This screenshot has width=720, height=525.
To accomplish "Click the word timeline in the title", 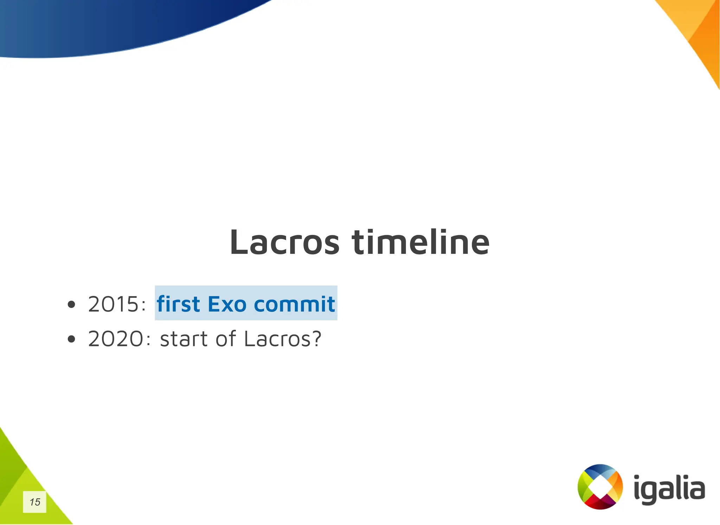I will pos(420,243).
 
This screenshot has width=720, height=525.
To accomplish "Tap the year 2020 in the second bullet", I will pos(115,339).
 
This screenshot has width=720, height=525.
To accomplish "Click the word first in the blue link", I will pos(178,304).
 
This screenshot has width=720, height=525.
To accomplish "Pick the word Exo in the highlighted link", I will pos(227,304).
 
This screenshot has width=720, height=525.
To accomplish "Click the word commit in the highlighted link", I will pos(294,304).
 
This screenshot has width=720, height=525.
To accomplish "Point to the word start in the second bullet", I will pos(184,339).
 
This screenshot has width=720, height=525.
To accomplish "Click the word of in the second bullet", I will pos(225,339).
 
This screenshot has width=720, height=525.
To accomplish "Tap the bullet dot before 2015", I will pos(71,305).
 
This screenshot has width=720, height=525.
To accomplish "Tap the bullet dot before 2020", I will pos(71,339).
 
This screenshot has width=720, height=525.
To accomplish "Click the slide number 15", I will pos(34,502).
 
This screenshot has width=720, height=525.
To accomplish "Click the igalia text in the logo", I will pos(669,489).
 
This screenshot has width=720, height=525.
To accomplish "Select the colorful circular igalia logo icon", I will pos(600,487).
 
